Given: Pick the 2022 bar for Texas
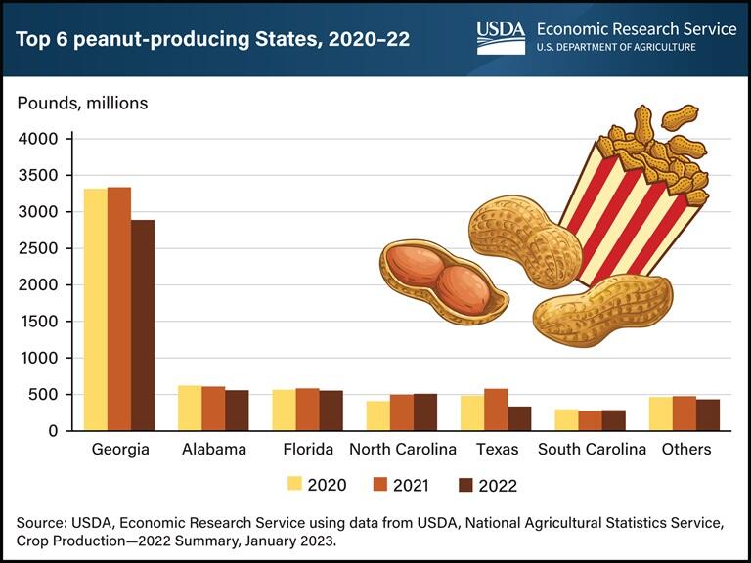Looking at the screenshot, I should (519, 418).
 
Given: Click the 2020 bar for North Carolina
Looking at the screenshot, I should (378, 415).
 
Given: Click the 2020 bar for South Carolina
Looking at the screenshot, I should (566, 419).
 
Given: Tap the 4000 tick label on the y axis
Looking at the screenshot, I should (39, 139).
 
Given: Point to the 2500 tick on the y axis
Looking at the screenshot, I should (39, 248).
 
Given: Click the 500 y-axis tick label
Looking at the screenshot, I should (44, 395).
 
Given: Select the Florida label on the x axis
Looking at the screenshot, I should (307, 450).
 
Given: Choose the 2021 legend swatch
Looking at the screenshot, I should (381, 484).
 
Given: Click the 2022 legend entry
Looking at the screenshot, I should (484, 484).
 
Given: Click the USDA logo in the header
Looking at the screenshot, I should (501, 36).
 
